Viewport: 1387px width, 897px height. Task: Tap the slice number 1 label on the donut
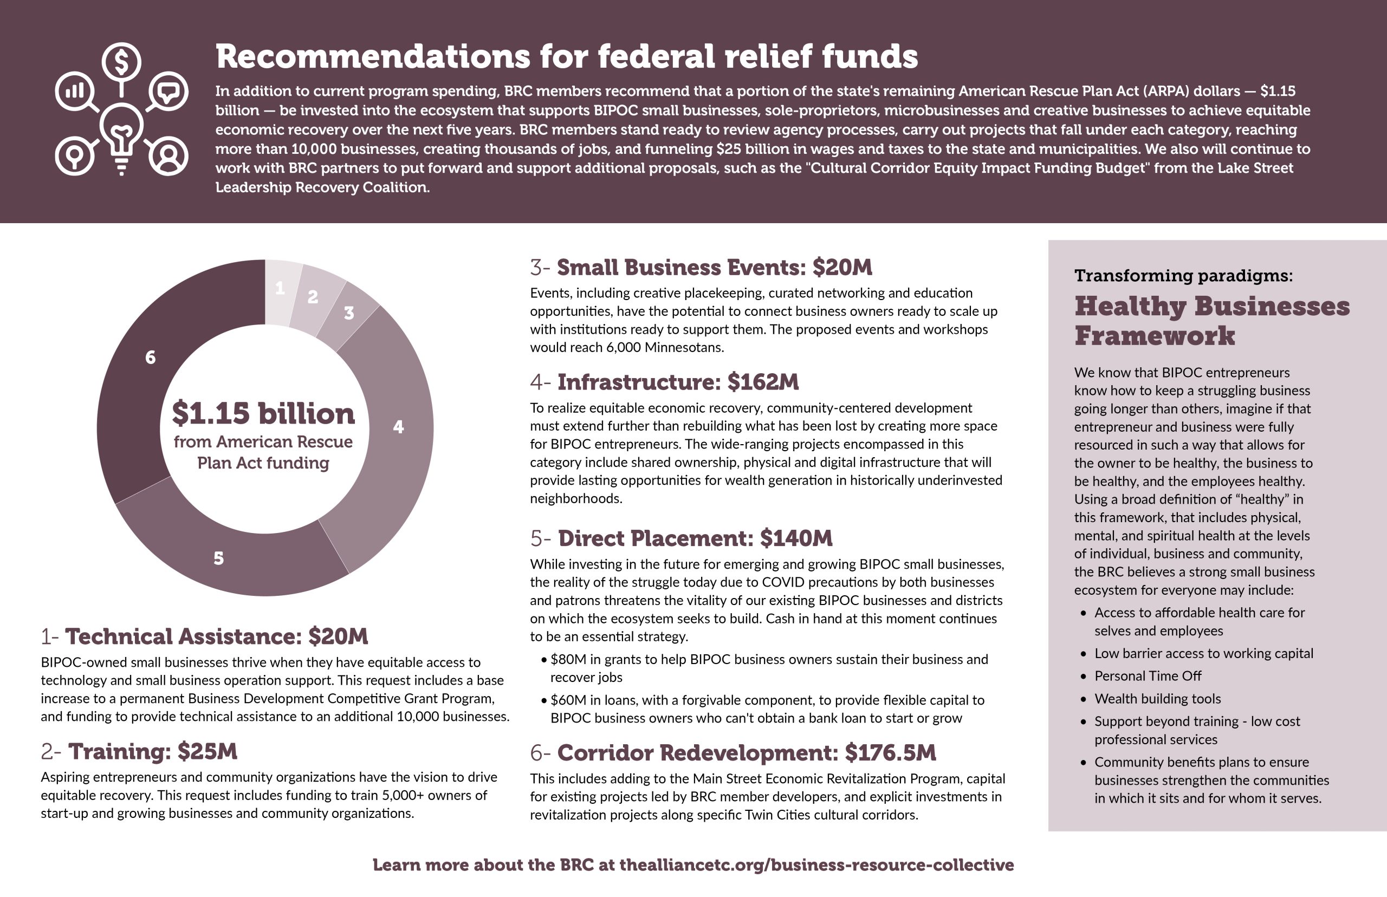(x=280, y=288)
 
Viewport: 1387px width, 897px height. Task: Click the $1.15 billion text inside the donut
(x=263, y=413)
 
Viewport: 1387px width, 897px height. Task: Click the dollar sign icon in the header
(x=121, y=62)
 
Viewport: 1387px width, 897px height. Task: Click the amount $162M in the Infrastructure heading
(x=763, y=382)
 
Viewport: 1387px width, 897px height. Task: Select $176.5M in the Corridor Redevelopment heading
(x=890, y=752)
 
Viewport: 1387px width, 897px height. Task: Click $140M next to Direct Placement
(x=796, y=538)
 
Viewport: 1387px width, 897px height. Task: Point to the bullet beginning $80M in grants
(x=769, y=659)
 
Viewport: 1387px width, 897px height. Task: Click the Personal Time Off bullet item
(x=1148, y=675)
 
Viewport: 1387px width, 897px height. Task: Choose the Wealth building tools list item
(x=1157, y=698)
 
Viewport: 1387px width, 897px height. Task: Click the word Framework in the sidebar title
(x=1154, y=336)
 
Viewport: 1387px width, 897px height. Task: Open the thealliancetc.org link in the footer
(x=816, y=865)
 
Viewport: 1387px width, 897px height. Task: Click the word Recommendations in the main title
(x=373, y=56)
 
